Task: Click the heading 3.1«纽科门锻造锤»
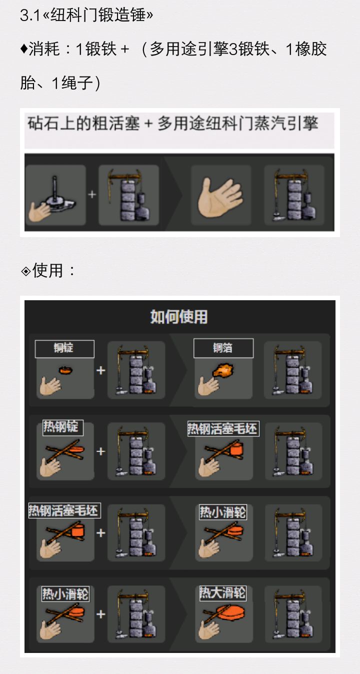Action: click(x=86, y=15)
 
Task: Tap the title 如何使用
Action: click(x=179, y=317)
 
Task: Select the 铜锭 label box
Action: click(x=64, y=349)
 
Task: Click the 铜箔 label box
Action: click(x=223, y=348)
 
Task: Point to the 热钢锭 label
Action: click(x=62, y=427)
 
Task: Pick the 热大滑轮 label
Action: click(x=223, y=593)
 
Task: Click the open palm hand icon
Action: click(x=220, y=197)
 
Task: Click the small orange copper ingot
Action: click(x=66, y=370)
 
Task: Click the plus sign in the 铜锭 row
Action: click(x=101, y=370)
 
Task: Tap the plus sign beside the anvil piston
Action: click(x=92, y=194)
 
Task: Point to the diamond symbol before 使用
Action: click(x=26, y=271)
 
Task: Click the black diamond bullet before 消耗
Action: click(x=24, y=49)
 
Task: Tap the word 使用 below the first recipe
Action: click(x=47, y=271)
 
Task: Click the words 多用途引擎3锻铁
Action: click(x=210, y=49)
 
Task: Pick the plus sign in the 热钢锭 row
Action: click(x=101, y=451)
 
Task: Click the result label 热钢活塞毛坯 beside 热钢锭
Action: click(x=223, y=429)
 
